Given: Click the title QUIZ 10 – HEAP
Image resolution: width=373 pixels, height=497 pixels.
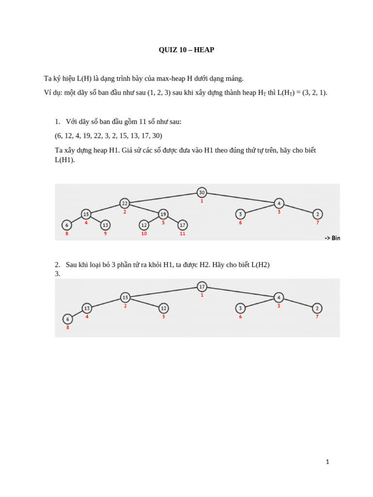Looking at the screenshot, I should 186,50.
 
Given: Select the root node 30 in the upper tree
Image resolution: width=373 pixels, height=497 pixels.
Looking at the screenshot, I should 202,193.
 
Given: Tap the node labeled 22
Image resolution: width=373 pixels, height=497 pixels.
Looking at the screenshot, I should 125,203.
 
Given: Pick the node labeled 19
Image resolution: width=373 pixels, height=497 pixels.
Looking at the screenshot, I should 163,214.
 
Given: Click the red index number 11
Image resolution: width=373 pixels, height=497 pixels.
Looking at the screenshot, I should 183,234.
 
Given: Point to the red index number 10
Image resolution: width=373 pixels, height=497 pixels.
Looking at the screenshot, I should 144,234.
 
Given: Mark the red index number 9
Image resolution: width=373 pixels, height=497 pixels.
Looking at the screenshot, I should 105,234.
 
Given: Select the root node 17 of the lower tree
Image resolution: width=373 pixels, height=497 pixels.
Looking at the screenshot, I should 202,287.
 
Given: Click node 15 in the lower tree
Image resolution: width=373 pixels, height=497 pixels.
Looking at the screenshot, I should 125,298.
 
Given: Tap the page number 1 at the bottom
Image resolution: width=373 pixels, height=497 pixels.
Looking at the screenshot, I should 327,462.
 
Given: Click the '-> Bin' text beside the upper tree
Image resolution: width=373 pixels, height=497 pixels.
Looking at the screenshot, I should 332,238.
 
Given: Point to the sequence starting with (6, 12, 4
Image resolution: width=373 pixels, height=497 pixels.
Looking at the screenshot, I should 108,136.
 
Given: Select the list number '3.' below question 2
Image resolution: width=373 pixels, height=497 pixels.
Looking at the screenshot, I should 57,274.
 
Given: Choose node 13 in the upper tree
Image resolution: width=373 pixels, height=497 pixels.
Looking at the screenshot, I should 105,225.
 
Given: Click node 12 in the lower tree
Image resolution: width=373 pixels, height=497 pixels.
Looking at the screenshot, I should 164,308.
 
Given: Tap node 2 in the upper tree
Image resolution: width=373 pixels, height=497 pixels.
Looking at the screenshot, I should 318,214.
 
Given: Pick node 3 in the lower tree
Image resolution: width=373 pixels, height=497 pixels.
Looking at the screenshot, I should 240,308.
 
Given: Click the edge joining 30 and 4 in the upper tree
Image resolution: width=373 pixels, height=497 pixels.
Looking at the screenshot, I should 240,198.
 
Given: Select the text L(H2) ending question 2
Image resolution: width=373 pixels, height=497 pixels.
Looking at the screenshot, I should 260,265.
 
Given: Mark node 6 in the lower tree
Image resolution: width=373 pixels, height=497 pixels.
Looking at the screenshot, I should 68,319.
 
